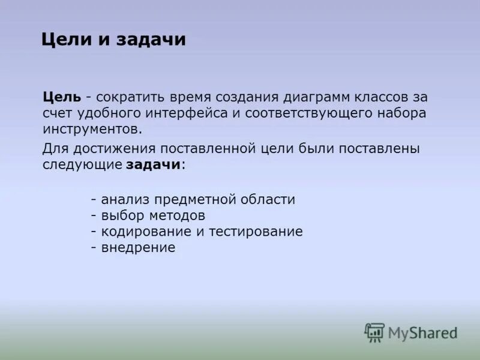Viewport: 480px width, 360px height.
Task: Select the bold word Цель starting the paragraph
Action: [62, 97]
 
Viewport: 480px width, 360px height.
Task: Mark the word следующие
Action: [82, 165]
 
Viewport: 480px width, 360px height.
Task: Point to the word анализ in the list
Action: [125, 200]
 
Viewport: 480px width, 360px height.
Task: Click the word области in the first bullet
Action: [269, 200]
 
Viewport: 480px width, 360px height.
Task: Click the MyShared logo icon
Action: [374, 332]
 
